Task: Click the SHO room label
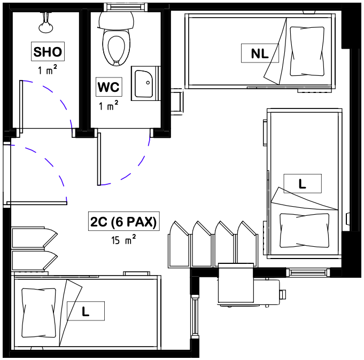tap(48, 51)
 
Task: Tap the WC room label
tap(109, 87)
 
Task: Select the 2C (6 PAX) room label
tap(123, 221)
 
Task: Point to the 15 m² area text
tap(123, 240)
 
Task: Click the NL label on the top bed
tap(260, 53)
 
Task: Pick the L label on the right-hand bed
tap(303, 184)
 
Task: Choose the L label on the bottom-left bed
tap(86, 311)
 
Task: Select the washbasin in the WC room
tap(144, 84)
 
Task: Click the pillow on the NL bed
tap(307, 51)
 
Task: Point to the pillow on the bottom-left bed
tap(39, 313)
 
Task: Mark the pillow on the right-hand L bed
tap(305, 230)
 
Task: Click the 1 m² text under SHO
tap(48, 69)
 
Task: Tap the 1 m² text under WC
tap(109, 105)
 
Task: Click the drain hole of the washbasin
tap(148, 83)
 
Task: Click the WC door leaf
tap(99, 159)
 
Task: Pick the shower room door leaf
tap(21, 107)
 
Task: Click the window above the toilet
tap(126, 7)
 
